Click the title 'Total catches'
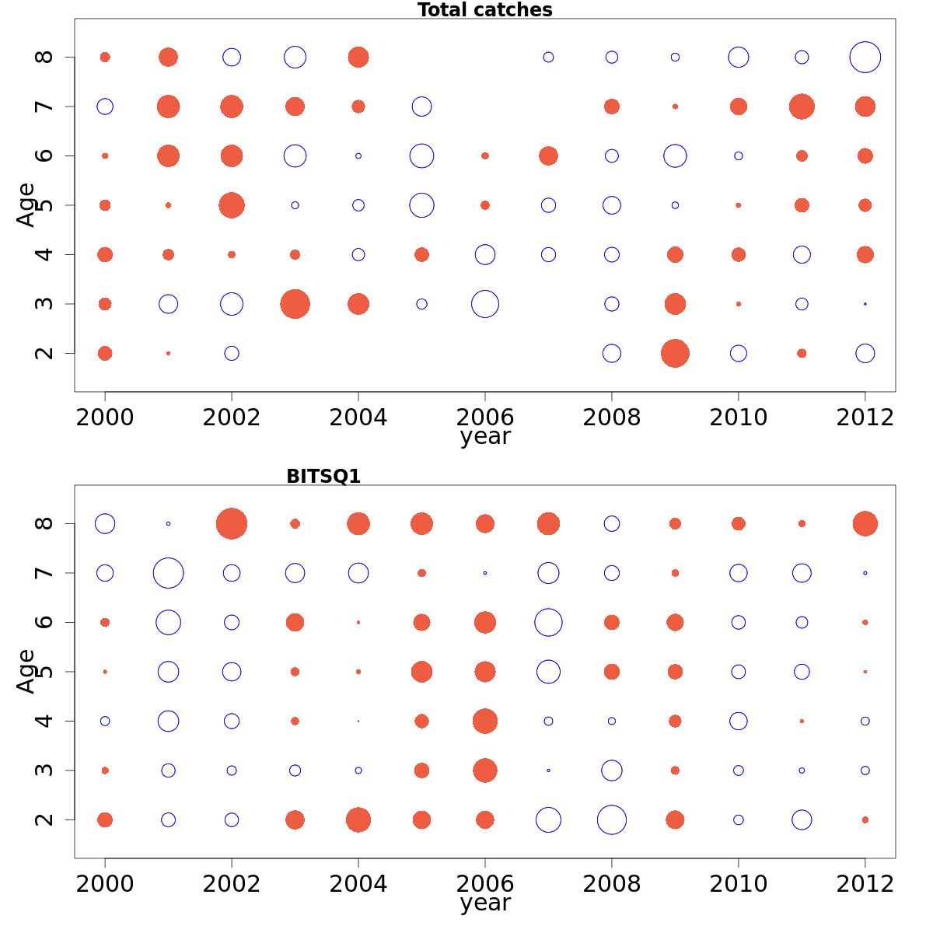(484, 10)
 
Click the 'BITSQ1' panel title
(323, 477)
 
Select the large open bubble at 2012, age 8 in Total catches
(865, 57)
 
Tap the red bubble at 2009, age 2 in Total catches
(675, 353)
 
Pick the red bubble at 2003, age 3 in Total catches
(295, 304)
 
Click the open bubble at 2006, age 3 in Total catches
(484, 304)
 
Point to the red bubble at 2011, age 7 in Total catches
(802, 107)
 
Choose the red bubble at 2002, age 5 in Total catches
(232, 205)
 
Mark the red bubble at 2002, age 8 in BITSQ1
(232, 523)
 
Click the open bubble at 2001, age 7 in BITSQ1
(168, 573)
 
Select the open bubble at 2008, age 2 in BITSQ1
(612, 819)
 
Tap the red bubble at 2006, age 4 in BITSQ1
(484, 721)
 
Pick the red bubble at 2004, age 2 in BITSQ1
(358, 819)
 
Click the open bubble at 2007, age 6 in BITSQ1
(548, 622)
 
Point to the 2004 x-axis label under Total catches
(358, 418)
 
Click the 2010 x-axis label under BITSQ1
(738, 884)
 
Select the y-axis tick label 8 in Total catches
(46, 57)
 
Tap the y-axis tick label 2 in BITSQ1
(46, 819)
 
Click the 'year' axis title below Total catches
(484, 437)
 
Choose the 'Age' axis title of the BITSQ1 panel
(26, 671)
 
